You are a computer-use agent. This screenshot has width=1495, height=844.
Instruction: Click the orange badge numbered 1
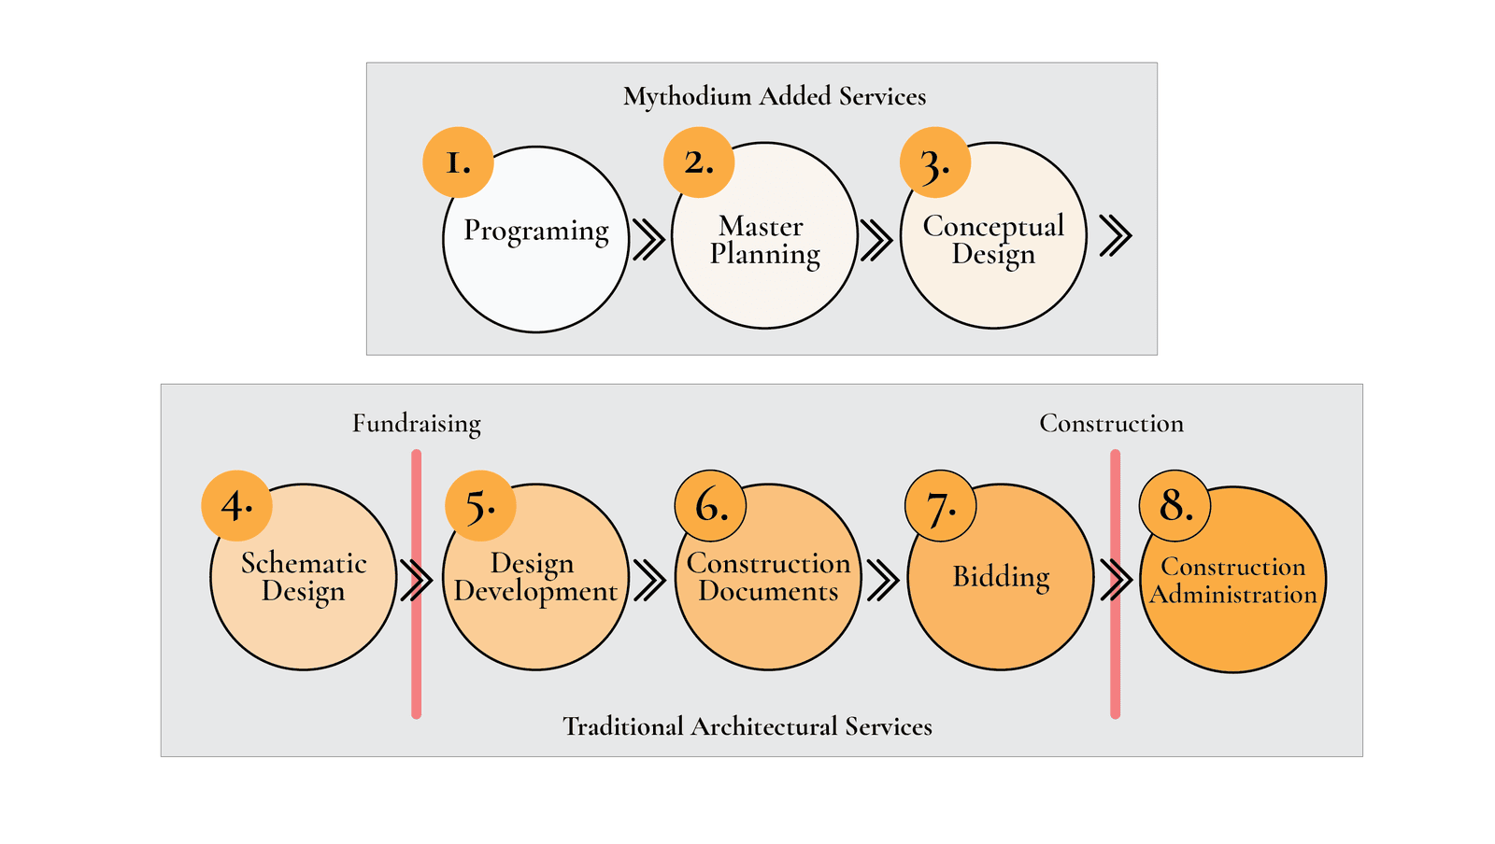pos(458,162)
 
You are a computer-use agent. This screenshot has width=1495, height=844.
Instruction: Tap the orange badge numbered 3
pos(935,162)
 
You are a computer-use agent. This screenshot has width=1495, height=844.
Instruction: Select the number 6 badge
pos(710,506)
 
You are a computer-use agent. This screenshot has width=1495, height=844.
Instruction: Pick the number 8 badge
pos(1175,506)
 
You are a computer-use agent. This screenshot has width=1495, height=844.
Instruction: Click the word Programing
pos(536,231)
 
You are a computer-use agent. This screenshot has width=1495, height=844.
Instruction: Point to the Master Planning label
pos(764,240)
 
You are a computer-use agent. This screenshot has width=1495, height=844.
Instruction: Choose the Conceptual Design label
pos(993,240)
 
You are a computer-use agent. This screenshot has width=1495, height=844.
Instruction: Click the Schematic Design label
pos(304,577)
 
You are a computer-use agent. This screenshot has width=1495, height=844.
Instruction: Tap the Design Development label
pos(535,577)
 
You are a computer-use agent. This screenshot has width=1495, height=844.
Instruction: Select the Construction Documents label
pos(768,577)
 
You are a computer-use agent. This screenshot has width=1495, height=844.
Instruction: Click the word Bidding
pos(1001,577)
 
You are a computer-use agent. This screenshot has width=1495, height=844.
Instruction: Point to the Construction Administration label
pos(1233,581)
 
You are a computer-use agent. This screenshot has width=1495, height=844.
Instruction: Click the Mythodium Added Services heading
pos(775,96)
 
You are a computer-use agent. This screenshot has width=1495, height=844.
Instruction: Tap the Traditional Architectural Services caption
pos(747,726)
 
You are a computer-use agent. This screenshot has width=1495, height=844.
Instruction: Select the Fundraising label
pos(417,424)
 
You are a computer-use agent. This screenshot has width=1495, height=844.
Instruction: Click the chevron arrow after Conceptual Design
pos(1116,235)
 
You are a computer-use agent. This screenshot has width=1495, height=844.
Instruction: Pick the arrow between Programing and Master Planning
pos(648,239)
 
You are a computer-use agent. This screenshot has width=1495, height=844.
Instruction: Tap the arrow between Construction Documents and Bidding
pos(882,580)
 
